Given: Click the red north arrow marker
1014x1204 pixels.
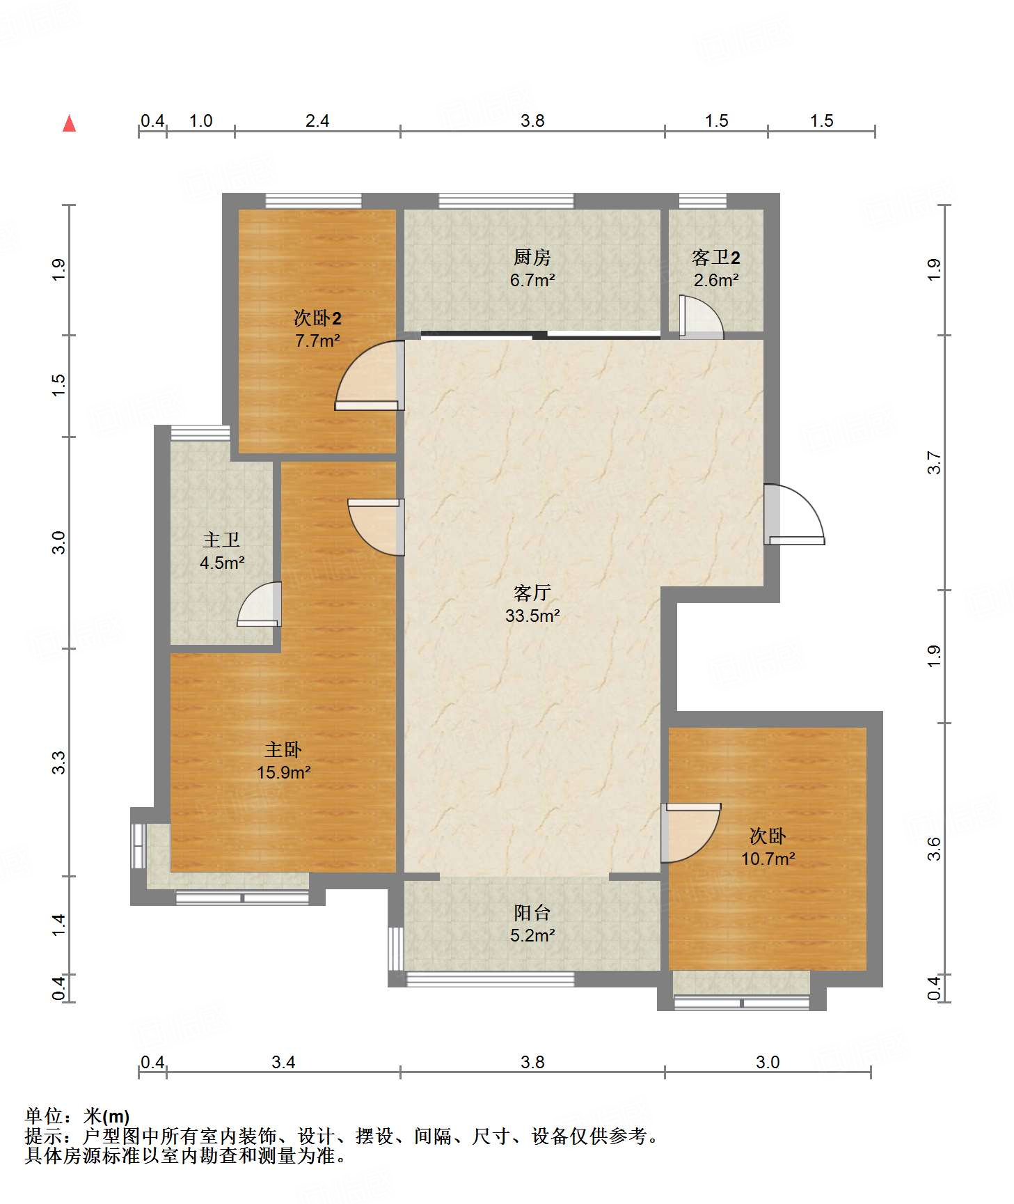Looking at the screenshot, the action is point(69,123).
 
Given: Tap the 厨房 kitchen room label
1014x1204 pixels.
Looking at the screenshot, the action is point(532,258).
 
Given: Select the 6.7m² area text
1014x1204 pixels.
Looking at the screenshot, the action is point(532,281).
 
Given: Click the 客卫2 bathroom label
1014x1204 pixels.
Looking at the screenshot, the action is point(715,258).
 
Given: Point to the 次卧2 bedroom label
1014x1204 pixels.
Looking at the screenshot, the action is point(317,318).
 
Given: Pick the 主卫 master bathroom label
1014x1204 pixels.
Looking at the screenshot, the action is point(221,540).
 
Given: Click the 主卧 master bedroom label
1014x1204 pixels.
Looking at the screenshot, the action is point(283,749).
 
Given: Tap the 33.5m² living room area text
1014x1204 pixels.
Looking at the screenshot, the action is point(532,616).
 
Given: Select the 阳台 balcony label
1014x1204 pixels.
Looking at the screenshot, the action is point(532,912).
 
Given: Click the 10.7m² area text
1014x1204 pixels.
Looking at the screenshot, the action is point(768,859).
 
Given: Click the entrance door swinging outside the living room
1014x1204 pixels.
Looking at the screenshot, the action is point(794,515).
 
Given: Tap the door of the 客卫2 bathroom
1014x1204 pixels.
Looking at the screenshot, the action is point(702,318).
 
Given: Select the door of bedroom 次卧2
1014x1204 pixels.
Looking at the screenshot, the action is point(370,375).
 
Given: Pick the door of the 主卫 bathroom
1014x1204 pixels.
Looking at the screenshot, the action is point(260,604).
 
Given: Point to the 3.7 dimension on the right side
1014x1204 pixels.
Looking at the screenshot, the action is point(933,463).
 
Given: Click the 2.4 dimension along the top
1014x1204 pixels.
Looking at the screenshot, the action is point(317,120).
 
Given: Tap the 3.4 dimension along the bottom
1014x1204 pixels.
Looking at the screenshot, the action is point(283,1062).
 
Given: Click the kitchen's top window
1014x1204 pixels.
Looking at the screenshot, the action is point(506,201).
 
